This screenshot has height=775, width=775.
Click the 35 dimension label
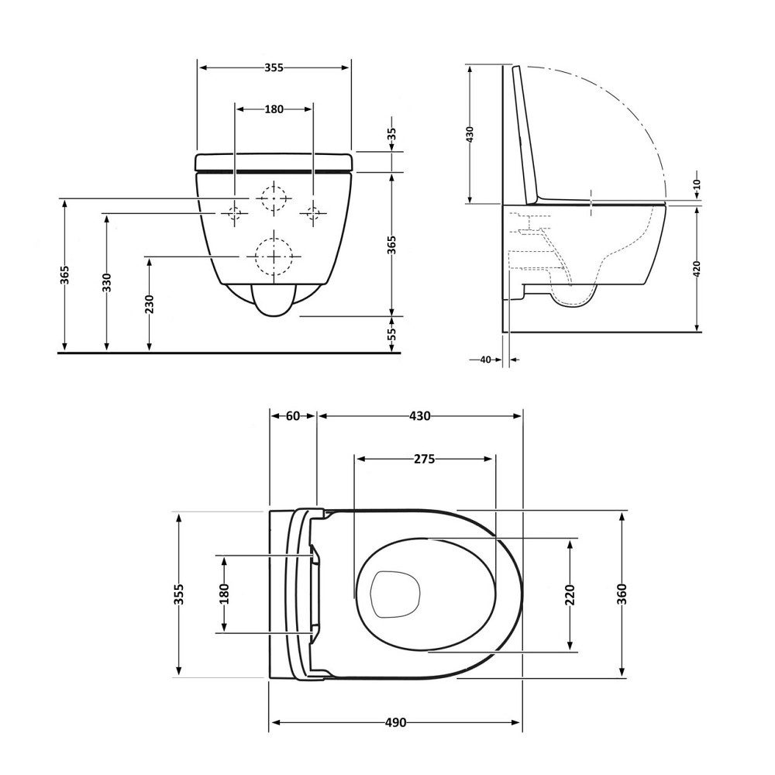391,134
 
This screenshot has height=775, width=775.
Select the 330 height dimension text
107,282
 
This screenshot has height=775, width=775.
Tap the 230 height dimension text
150,304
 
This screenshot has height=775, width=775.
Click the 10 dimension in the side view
697,184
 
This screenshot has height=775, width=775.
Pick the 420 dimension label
697,268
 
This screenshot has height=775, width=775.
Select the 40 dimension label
485,360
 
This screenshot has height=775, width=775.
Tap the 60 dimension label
293,416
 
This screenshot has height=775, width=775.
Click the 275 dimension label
424,459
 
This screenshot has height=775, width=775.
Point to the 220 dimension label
570,594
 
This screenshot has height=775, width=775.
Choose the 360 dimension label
622,594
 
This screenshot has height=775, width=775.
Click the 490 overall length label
395,722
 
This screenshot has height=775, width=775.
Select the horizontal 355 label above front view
274,67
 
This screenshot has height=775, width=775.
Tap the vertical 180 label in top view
225,594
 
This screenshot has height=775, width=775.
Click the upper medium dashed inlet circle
274,184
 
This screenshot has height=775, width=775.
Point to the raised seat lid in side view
526,134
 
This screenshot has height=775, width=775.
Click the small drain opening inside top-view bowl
395,594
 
